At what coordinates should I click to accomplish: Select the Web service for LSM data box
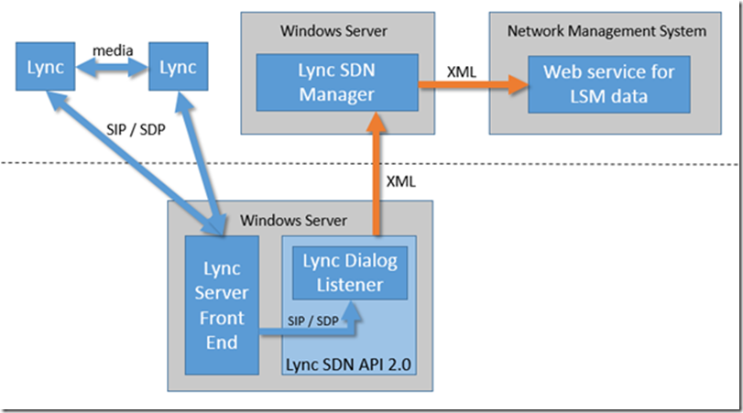coord(608,82)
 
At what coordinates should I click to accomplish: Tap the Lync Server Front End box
coord(223,304)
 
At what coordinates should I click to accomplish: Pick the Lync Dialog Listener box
coord(350,273)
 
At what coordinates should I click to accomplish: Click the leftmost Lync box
coord(47,68)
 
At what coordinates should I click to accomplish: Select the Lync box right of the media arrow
coord(178,68)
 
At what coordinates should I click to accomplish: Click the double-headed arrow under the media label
coord(112,68)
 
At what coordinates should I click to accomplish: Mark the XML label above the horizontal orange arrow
coord(461,70)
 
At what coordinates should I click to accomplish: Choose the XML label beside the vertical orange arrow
coord(401,181)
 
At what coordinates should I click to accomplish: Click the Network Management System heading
coord(606,31)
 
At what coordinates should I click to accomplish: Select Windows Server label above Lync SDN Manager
coord(333,31)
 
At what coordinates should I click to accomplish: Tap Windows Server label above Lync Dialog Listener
coord(292,221)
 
